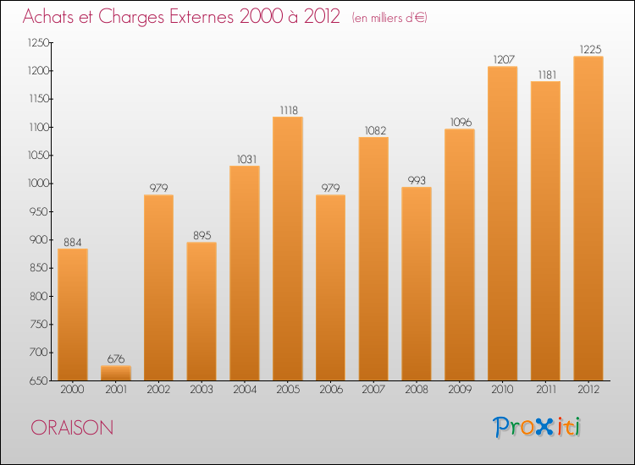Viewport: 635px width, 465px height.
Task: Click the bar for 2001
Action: [115, 373]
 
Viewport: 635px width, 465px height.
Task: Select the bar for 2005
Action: [287, 249]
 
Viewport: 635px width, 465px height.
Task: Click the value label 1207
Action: [502, 59]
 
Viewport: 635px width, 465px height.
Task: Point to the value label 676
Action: [115, 358]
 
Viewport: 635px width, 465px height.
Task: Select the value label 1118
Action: [287, 110]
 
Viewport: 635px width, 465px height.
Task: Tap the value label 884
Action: [72, 242]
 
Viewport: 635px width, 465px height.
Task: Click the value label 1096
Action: [460, 122]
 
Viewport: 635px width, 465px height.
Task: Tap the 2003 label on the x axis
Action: [202, 390]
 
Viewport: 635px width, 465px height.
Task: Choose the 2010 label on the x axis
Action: [502, 390]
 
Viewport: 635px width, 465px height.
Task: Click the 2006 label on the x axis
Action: [330, 390]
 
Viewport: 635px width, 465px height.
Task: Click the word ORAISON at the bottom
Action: [72, 428]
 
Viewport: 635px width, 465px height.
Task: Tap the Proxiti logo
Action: [537, 427]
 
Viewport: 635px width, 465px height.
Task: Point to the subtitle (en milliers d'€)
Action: [389, 18]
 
